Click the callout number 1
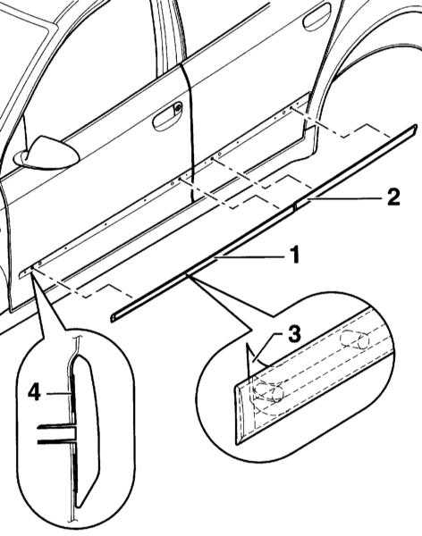click(292, 255)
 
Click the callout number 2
click(392, 197)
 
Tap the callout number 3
click(293, 333)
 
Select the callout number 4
click(34, 392)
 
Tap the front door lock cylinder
click(178, 108)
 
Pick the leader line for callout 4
click(59, 393)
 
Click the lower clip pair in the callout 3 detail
click(269, 392)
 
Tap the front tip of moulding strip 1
click(113, 317)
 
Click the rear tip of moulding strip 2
click(415, 127)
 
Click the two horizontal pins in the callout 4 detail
click(55, 434)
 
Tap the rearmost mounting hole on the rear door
click(291, 108)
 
